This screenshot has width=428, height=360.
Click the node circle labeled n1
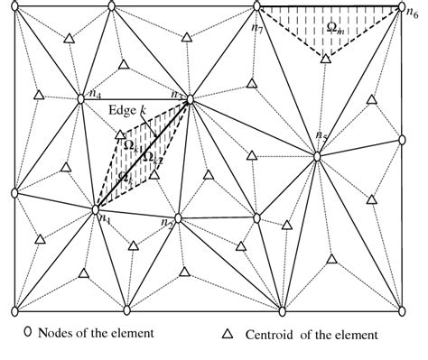pos(97,210)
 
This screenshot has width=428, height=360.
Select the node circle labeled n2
pos(179,218)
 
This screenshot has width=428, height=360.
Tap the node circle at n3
pos(191,100)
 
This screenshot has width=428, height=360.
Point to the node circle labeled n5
pos(318,157)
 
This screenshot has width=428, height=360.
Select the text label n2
pos(166,224)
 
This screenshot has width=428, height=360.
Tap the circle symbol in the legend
pos(27,332)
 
